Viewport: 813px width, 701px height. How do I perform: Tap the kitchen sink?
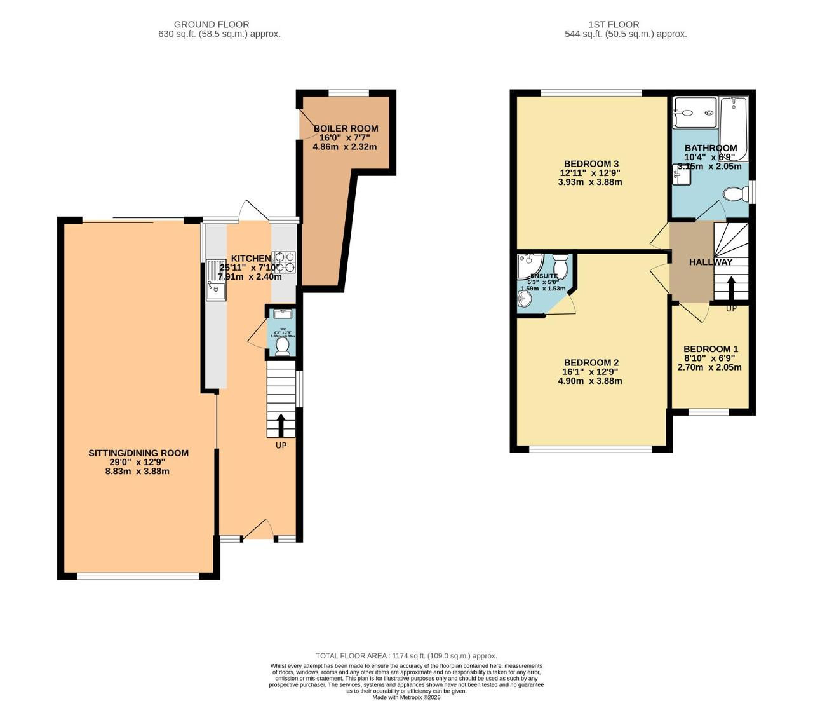pos(215,280)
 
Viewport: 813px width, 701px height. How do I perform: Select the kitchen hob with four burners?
pos(285,262)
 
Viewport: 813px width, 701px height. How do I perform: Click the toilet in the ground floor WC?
pos(282,345)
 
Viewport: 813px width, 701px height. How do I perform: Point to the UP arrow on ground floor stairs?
pos(281,424)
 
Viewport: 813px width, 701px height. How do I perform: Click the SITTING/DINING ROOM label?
pos(138,453)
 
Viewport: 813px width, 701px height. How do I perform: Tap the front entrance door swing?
pos(259,529)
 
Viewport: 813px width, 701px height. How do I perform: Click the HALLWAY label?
pos(711,262)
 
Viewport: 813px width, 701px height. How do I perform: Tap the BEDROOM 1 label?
pos(710,349)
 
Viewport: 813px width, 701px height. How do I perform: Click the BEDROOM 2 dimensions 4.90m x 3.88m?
pos(589,381)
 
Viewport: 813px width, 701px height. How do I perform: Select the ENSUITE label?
pos(544,276)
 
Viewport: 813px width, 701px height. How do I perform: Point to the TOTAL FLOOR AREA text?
pos(406,656)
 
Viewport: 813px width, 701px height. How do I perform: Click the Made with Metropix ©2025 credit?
pos(406,697)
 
